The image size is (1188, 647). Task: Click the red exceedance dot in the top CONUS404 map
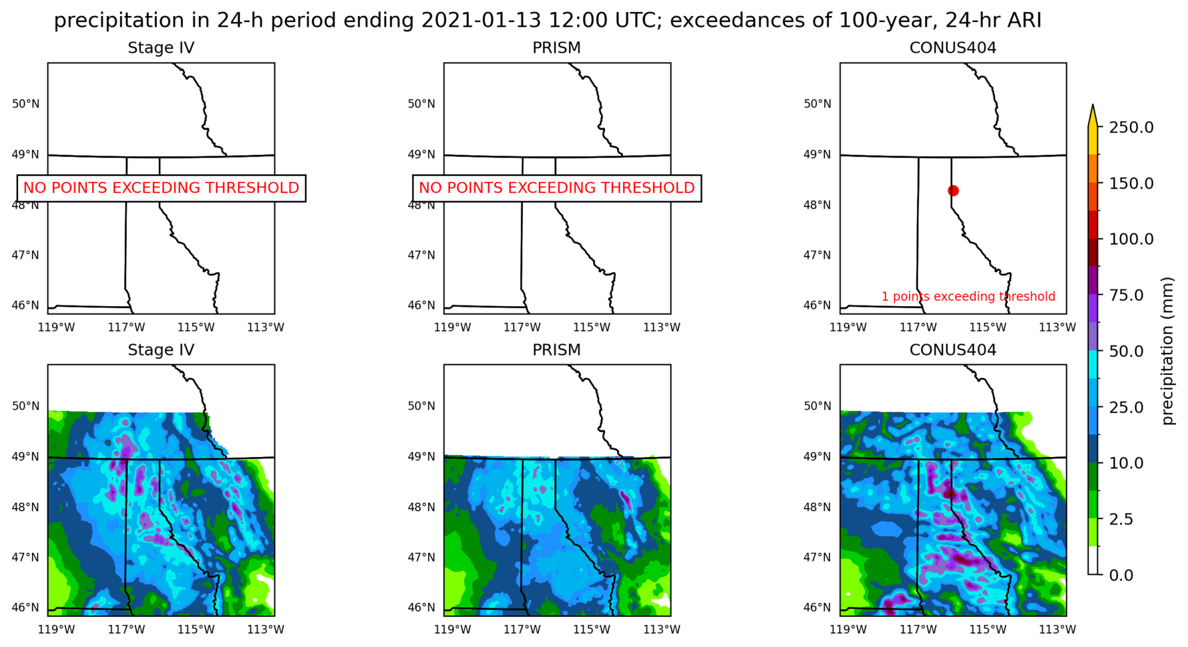pyautogui.click(x=953, y=190)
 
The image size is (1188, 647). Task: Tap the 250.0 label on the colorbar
pyautogui.click(x=1131, y=127)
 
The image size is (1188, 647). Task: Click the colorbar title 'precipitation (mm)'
pyautogui.click(x=1167, y=351)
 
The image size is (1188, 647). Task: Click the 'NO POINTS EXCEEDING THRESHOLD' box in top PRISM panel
pyautogui.click(x=557, y=188)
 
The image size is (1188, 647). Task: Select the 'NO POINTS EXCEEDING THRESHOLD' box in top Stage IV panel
pyautogui.click(x=161, y=188)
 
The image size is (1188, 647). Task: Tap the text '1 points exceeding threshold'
pyautogui.click(x=968, y=296)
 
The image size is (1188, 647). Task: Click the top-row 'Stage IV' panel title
pyautogui.click(x=161, y=48)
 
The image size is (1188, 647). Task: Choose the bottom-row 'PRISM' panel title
pyautogui.click(x=556, y=350)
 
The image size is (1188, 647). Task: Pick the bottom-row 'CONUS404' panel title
pyautogui.click(x=953, y=350)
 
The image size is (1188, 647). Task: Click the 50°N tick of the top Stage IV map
pyautogui.click(x=25, y=104)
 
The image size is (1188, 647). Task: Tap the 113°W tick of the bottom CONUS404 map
pyautogui.click(x=1057, y=629)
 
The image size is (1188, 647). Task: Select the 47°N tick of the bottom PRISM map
pyautogui.click(x=421, y=557)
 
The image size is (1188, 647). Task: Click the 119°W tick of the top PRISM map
pyautogui.click(x=452, y=327)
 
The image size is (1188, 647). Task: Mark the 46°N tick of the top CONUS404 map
pyautogui.click(x=817, y=305)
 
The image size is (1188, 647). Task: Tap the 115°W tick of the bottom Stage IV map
pyautogui.click(x=196, y=629)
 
